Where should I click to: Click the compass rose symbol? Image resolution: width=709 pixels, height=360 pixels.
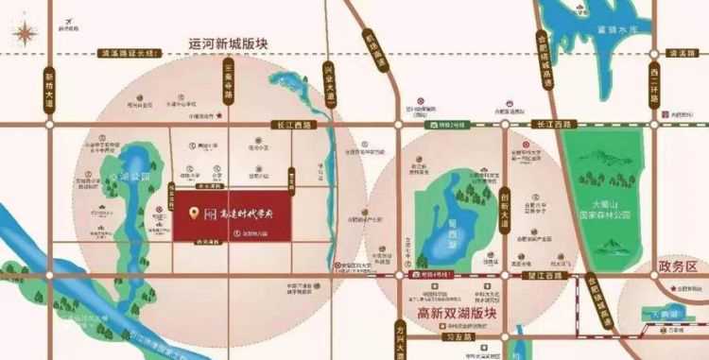click(26, 33)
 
